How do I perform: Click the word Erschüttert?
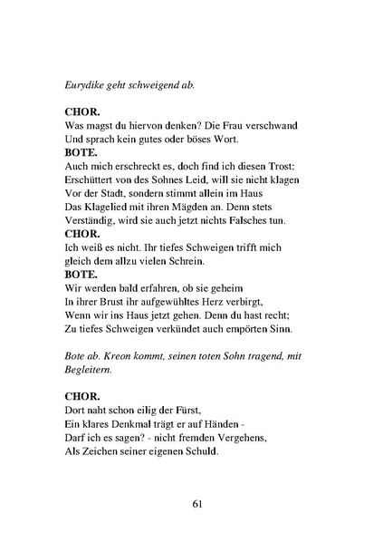96,181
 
